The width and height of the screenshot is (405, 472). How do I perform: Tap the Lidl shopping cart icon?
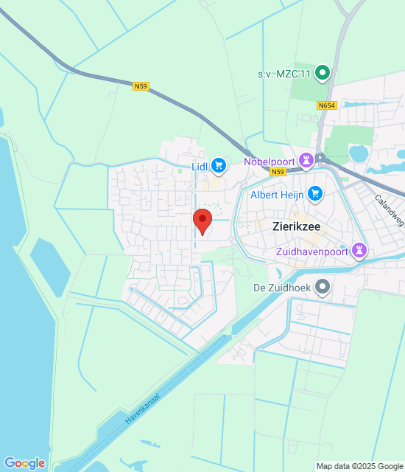tap(219, 165)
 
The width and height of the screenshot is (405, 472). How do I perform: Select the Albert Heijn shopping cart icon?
tap(316, 193)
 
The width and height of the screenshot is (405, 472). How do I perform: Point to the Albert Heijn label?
tap(278, 195)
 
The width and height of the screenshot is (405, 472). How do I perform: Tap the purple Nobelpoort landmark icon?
tap(322, 159)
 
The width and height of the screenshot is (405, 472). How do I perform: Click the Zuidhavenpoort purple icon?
tap(360, 250)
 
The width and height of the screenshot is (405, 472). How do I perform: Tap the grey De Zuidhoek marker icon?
tap(322, 286)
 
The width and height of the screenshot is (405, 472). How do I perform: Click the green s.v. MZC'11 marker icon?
tap(322, 72)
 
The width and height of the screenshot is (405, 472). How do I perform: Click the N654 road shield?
tap(327, 106)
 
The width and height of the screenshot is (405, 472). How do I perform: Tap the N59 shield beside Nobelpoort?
tap(278, 172)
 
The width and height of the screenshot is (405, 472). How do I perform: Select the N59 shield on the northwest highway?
tap(141, 86)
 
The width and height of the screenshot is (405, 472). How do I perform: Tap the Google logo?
tap(24, 462)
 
